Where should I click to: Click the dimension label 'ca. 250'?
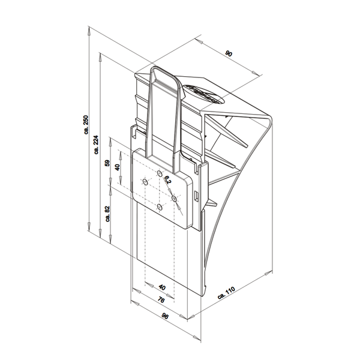86,125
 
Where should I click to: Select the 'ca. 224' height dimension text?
97,144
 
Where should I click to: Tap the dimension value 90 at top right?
229,54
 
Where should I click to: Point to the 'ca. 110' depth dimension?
226,293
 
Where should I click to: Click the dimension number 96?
165,316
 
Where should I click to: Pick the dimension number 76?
161,300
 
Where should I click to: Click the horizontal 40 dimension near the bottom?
162,287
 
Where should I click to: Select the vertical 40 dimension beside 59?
118,167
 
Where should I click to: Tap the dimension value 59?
107,163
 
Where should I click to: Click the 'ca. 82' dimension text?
107,214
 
